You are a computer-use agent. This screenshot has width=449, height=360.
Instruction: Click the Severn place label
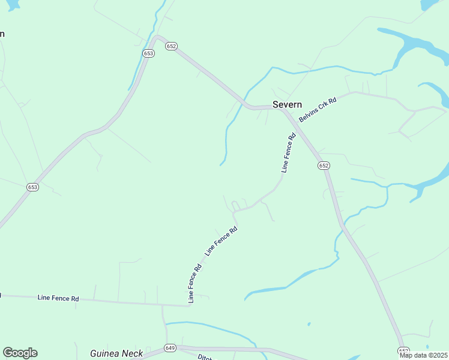[287, 104]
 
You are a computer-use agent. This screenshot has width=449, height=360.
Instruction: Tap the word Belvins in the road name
[310, 111]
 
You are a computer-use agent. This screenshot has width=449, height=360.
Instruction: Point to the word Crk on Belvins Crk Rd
[324, 104]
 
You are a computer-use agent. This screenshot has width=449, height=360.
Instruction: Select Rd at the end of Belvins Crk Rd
[333, 99]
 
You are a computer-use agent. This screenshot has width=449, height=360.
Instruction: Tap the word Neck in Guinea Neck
[132, 353]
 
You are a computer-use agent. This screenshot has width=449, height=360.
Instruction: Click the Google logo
[20, 353]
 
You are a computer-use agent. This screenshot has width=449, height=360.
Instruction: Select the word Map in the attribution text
[407, 355]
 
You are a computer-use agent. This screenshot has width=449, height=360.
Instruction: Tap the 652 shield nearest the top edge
[172, 46]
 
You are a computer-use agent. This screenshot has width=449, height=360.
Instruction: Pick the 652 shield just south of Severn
[324, 165]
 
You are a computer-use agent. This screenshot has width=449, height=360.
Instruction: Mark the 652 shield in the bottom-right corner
[403, 351]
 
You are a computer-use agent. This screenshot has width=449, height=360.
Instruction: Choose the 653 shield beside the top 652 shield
[149, 53]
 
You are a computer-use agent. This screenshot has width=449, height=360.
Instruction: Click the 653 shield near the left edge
[32, 187]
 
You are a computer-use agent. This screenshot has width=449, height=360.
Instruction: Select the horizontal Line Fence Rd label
[58, 298]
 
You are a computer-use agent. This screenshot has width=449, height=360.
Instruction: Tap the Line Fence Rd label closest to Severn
[289, 154]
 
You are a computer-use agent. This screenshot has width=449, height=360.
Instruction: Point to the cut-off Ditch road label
[204, 356]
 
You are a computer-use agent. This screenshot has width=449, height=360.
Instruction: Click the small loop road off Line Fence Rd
[235, 206]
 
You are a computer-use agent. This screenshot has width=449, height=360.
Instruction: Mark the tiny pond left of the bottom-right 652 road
[309, 324]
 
